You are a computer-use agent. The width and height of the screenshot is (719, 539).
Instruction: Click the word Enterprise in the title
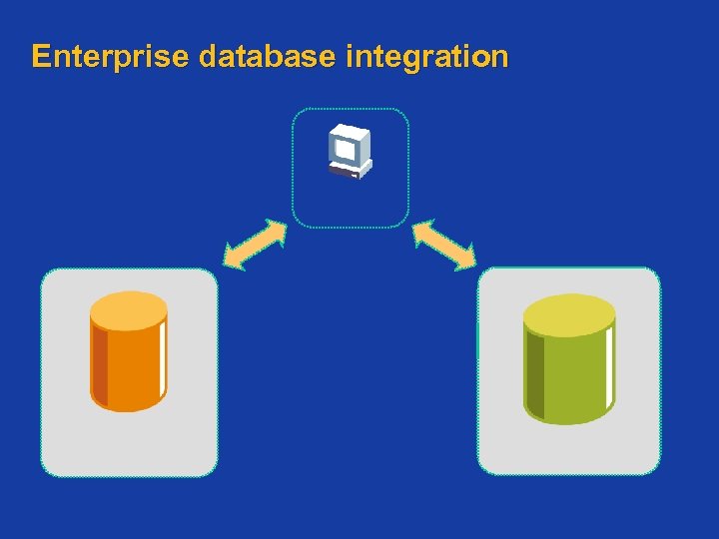click(x=109, y=56)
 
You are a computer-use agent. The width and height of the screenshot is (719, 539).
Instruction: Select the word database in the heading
click(x=267, y=56)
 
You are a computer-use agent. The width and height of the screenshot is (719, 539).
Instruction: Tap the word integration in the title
click(x=426, y=56)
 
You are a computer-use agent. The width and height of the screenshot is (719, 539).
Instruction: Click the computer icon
click(x=350, y=152)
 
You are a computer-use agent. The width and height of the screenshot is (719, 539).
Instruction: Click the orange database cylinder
click(x=129, y=354)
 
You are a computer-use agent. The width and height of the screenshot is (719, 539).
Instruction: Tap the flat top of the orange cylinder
click(x=129, y=310)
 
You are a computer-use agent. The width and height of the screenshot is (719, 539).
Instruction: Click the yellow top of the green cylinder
click(x=569, y=315)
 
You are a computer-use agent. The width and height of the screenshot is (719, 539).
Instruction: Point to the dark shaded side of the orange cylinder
click(x=99, y=364)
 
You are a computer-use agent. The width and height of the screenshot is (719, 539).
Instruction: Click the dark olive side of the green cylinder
click(x=534, y=374)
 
